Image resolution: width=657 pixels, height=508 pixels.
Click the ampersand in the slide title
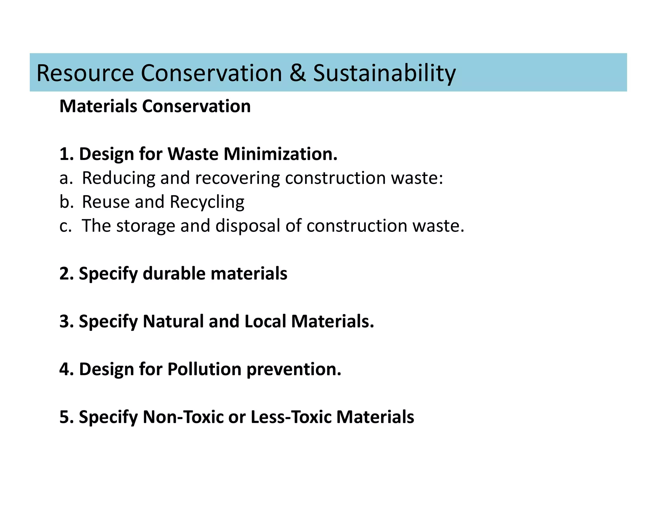tap(297, 73)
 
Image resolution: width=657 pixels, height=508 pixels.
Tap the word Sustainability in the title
tap(384, 73)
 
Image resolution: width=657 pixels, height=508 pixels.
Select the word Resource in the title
tap(85, 73)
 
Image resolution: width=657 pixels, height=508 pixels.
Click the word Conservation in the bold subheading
tap(196, 106)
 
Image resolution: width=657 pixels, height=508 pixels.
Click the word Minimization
tap(280, 154)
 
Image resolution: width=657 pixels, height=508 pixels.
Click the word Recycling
tap(207, 202)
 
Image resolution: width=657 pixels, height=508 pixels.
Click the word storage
tap(146, 226)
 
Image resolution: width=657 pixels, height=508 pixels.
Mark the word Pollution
tap(204, 369)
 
